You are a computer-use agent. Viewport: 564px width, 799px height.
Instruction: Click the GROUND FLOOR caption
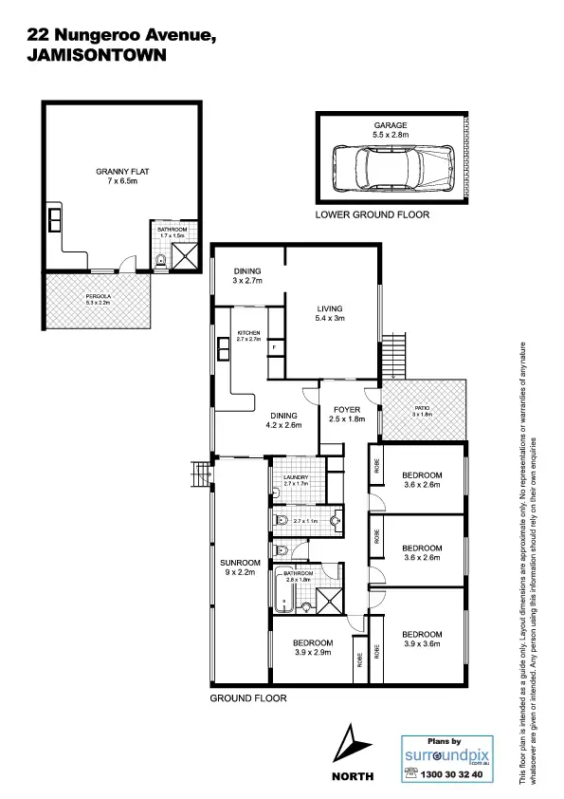tap(247, 697)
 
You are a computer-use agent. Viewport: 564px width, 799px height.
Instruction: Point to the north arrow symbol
tap(352, 745)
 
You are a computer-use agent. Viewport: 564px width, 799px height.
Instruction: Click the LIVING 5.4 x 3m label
tap(330, 314)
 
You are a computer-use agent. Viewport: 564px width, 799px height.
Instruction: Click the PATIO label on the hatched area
tap(423, 411)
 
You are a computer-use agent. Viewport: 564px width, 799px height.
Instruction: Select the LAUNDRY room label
tap(297, 481)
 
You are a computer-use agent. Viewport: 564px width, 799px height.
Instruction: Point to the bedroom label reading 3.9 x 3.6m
tap(422, 639)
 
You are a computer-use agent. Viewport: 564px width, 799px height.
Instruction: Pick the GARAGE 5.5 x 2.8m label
tap(390, 130)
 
